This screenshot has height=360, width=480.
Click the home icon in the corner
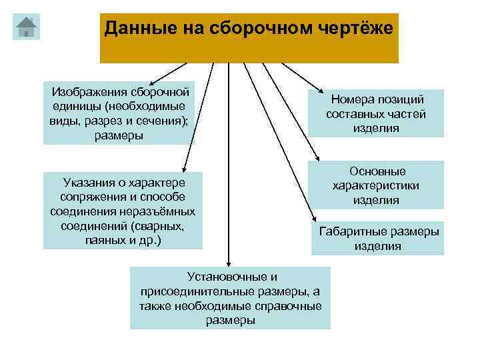pos(26,27)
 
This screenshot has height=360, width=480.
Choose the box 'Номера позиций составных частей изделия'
pos(377,113)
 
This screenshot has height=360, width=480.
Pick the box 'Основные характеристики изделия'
pos(377,185)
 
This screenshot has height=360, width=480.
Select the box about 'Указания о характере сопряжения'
pos(123,211)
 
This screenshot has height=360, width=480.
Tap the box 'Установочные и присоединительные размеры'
pos(230,298)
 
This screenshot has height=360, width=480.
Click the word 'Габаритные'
pos(352,232)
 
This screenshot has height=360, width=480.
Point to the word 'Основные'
pos(377,171)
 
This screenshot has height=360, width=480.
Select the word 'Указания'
pos(88,182)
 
